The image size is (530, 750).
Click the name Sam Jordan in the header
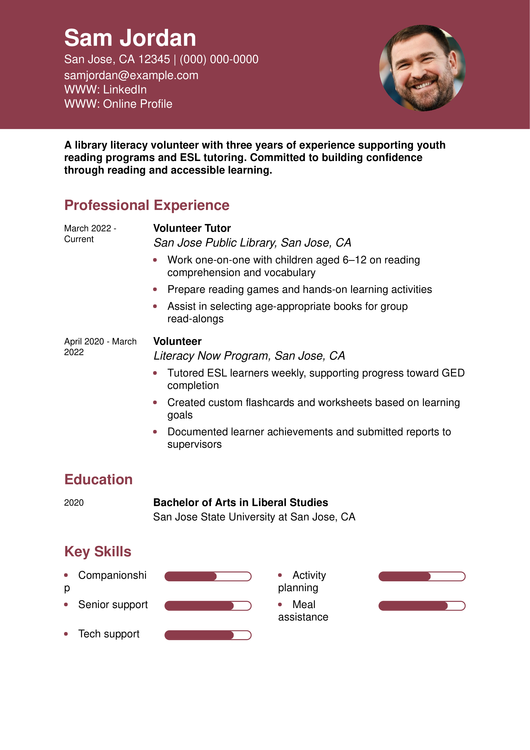(x=130, y=38)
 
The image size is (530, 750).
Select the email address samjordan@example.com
(x=131, y=75)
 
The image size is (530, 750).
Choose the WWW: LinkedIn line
(x=105, y=90)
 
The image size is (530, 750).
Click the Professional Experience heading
(x=147, y=205)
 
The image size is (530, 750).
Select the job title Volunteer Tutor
(x=192, y=228)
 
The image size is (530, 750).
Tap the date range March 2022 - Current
(x=90, y=233)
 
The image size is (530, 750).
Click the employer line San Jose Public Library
(x=252, y=243)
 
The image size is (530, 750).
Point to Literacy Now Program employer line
(x=249, y=356)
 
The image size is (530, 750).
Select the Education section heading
(x=98, y=480)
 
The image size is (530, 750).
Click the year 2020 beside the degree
(x=74, y=503)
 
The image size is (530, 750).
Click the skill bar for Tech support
(x=208, y=635)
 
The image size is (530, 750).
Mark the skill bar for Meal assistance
(x=422, y=606)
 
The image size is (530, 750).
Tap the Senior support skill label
(x=113, y=605)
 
